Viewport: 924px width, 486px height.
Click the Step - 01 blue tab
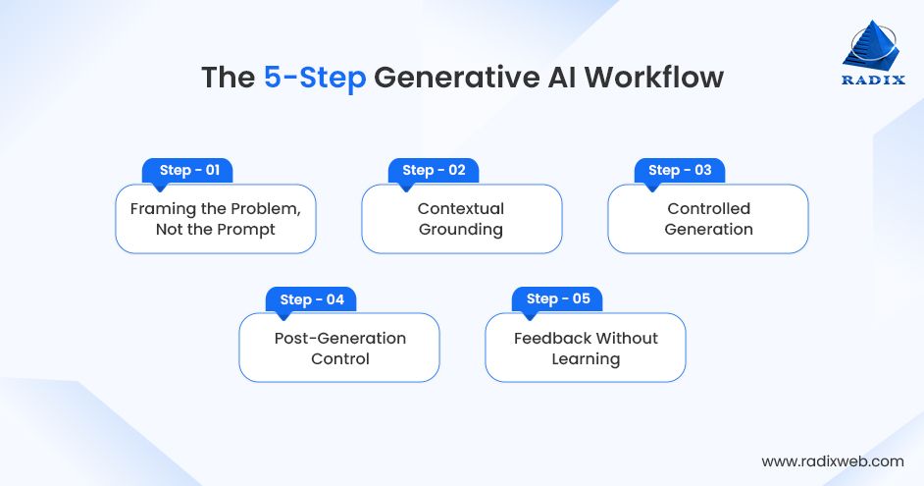point(189,170)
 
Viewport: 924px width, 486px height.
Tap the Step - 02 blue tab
point(434,170)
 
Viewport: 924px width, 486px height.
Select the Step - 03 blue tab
point(680,170)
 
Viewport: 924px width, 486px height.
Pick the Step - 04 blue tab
point(311,299)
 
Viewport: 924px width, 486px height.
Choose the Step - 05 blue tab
point(558,298)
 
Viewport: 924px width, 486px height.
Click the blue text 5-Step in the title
point(315,78)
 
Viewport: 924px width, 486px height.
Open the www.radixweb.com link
point(833,460)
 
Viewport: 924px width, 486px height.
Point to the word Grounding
point(461,230)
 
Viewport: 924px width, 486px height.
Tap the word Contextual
point(461,208)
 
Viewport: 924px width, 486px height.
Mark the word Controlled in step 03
point(708,208)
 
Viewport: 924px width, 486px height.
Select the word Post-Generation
point(339,338)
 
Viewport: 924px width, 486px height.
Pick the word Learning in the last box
point(586,359)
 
